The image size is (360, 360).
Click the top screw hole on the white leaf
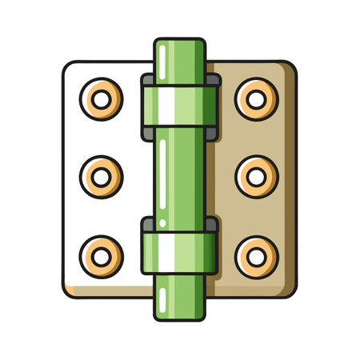(102, 100)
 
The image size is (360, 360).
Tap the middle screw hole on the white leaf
(102, 175)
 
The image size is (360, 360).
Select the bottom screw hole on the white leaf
(102, 254)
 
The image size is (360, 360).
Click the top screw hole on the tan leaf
(256, 100)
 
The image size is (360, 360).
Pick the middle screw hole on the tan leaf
(256, 175)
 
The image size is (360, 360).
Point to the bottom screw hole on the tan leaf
(256, 254)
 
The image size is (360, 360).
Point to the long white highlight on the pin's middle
(163, 176)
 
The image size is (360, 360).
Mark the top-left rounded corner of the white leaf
(69, 66)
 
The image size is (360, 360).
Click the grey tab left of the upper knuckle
(146, 79)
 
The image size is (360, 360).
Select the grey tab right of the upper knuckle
(214, 79)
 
